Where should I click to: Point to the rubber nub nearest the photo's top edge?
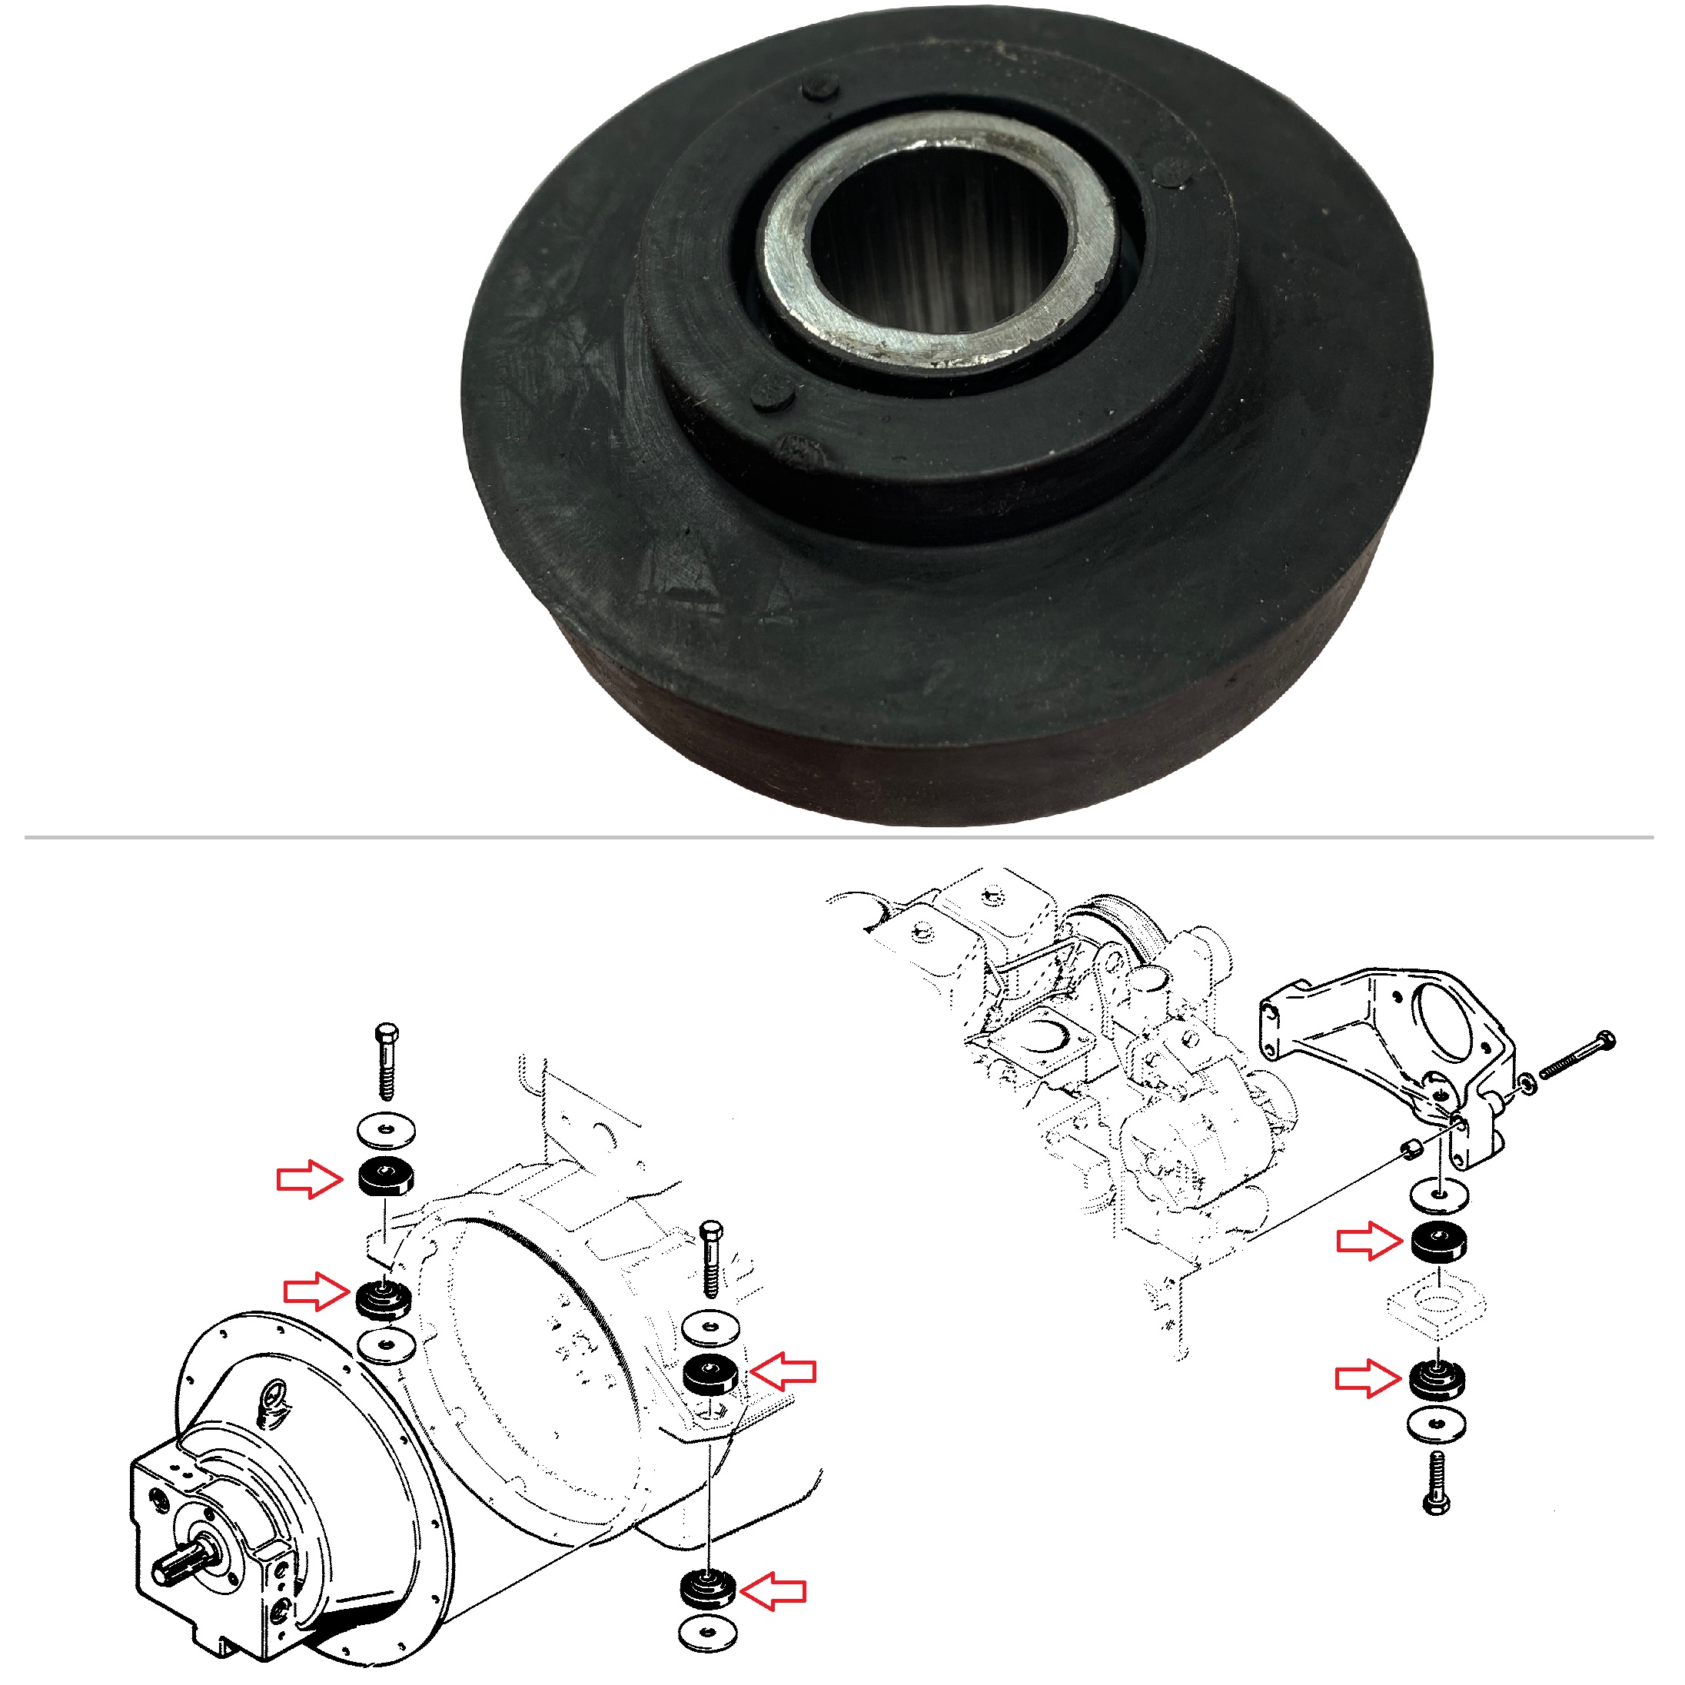[x=820, y=86]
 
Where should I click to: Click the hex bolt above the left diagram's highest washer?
[x=387, y=1060]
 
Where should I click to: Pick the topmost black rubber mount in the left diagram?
[x=385, y=1178]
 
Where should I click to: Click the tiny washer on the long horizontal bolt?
[x=1527, y=1083]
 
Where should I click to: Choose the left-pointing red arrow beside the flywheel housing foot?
[x=783, y=1371]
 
